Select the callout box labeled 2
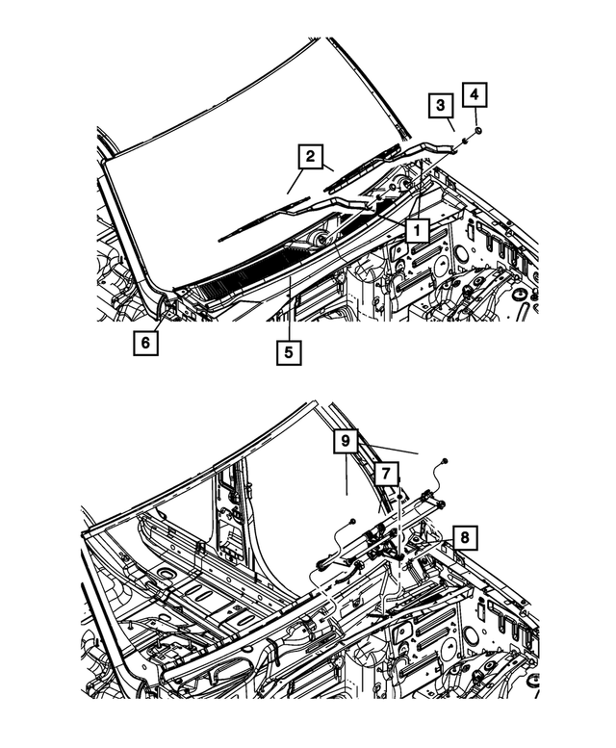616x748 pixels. pyautogui.click(x=309, y=156)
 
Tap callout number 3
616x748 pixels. pyautogui.click(x=439, y=105)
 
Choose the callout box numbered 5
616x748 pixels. pyautogui.click(x=287, y=351)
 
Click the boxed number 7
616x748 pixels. pyautogui.click(x=384, y=474)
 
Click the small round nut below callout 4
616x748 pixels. pyautogui.click(x=478, y=129)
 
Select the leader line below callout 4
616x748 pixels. pyautogui.click(x=475, y=116)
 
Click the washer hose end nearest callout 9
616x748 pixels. pyautogui.click(x=447, y=464)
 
